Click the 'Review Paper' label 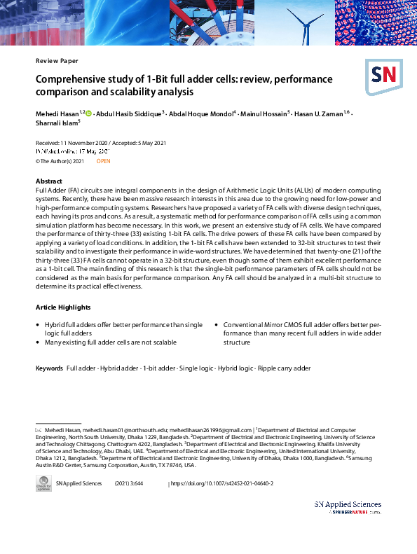(57, 61)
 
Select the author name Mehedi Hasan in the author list (57, 113)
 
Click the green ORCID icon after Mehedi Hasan (88, 113)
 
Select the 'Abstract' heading (48, 181)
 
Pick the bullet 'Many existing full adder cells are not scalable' (110, 342)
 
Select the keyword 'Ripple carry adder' (284, 368)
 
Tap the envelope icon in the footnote (39, 429)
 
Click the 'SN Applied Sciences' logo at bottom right (348, 507)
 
